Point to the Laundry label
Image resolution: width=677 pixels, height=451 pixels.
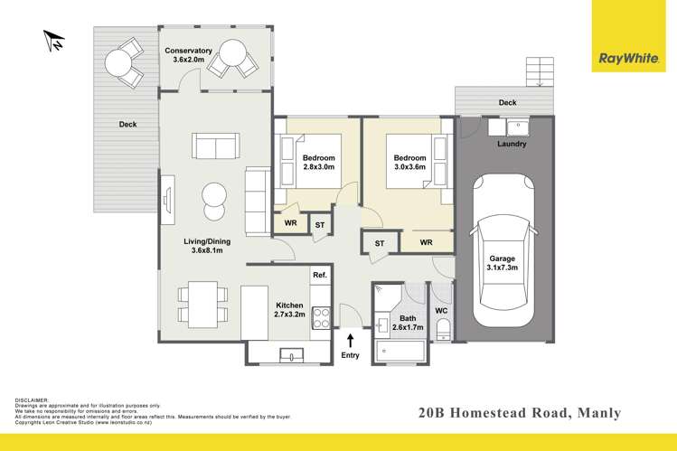(512, 145)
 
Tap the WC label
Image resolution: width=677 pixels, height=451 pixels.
(442, 311)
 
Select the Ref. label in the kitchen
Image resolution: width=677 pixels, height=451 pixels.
(319, 275)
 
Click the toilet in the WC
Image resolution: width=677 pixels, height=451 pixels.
(442, 332)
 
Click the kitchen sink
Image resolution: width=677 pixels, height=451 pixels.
(290, 352)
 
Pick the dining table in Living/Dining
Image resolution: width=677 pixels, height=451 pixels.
(198, 305)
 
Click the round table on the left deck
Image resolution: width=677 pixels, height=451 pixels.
(118, 62)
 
